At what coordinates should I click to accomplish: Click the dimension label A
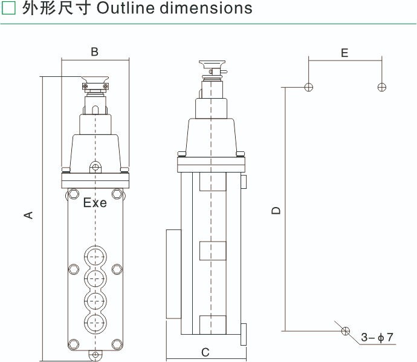(27, 215)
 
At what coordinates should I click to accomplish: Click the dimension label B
(94, 52)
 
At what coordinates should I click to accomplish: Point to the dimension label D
(276, 210)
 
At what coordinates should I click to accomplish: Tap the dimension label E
(344, 53)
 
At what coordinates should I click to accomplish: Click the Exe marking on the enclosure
(95, 203)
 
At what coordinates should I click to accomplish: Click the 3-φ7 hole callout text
(377, 337)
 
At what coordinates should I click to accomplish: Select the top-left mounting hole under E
(309, 87)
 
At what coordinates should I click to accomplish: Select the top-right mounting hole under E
(381, 87)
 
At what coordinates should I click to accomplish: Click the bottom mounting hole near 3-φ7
(345, 331)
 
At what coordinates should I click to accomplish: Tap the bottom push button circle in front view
(95, 323)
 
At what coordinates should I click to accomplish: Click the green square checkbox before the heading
(9, 8)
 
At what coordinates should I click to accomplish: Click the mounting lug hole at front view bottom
(94, 355)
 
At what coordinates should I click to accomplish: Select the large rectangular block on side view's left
(173, 274)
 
